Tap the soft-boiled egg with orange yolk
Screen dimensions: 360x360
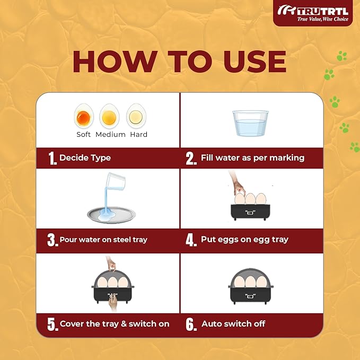[84, 117]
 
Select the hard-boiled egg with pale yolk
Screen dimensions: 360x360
[136, 116]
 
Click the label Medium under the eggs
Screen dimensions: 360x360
[110, 134]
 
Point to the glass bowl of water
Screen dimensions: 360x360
[250, 124]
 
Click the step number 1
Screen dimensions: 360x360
[52, 158]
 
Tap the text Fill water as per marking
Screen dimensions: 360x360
[252, 157]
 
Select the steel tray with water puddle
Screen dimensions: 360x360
[111, 215]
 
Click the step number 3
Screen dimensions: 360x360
[52, 240]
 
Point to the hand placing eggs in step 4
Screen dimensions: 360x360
[238, 184]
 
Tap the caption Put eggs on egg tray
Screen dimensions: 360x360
[244, 240]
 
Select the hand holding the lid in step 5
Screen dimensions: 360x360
[111, 264]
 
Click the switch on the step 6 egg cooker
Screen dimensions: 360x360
[250, 296]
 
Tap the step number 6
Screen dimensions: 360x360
[191, 324]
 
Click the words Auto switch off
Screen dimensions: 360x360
[233, 324]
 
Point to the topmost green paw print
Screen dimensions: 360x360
[342, 56]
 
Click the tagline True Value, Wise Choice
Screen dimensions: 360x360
[322, 19]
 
